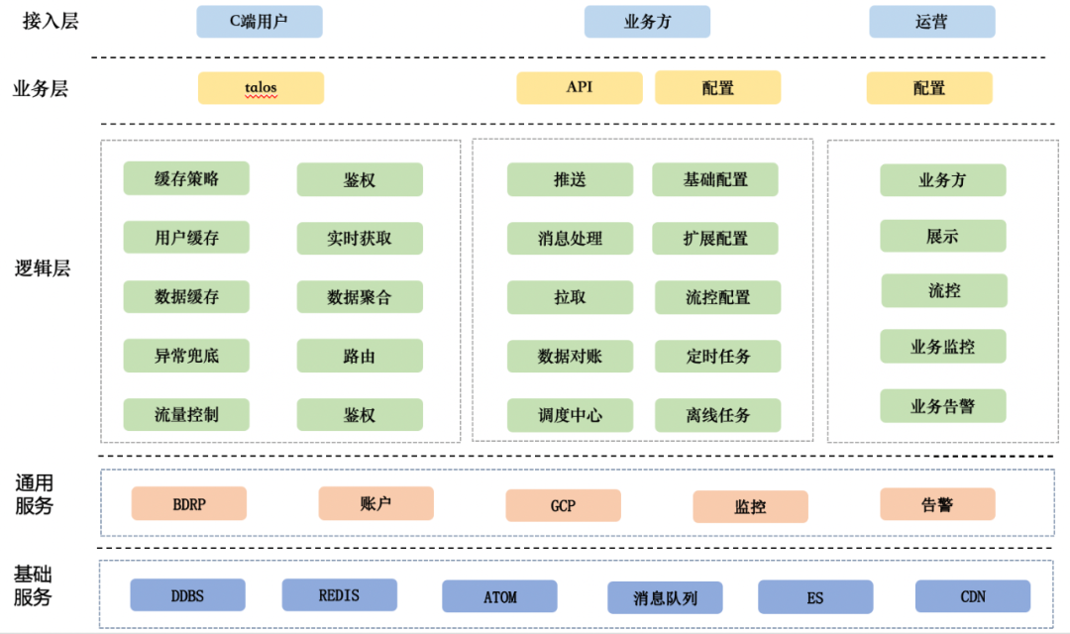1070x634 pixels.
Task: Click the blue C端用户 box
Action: [x=260, y=22]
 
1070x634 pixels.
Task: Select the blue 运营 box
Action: [x=931, y=22]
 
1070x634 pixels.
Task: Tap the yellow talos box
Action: [x=261, y=88]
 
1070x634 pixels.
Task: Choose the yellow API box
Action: [x=580, y=87]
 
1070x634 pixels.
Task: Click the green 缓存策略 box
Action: [x=186, y=178]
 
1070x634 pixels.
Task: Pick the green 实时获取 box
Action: [x=360, y=238]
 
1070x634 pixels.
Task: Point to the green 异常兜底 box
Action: [x=186, y=356]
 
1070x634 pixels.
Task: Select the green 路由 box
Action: [x=360, y=356]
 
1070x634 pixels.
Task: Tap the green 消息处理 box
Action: [x=570, y=238]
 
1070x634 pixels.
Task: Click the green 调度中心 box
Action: [x=570, y=415]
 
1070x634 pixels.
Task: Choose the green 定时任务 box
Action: [x=718, y=356]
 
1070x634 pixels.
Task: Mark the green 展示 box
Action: [x=942, y=236]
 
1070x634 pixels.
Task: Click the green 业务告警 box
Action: [x=942, y=406]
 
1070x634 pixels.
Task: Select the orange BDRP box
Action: [x=189, y=503]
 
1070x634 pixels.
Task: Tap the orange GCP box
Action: [x=563, y=505]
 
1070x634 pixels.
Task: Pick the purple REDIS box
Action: [x=339, y=595]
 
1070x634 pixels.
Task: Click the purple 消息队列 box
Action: [x=665, y=597]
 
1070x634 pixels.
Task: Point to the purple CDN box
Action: [x=973, y=596]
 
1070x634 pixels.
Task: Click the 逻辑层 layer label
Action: [x=43, y=268]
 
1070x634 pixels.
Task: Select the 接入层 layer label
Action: [x=51, y=21]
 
